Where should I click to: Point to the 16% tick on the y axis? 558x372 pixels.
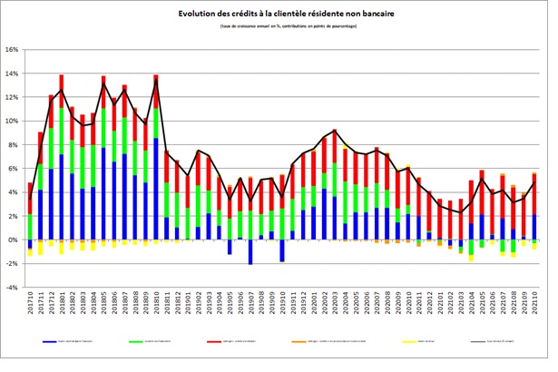point(13,50)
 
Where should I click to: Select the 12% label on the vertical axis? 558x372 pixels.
point(13,97)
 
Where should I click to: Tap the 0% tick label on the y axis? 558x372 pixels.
point(15,240)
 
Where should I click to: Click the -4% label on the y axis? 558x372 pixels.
point(14,288)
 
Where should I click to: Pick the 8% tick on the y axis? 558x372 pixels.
point(15,145)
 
